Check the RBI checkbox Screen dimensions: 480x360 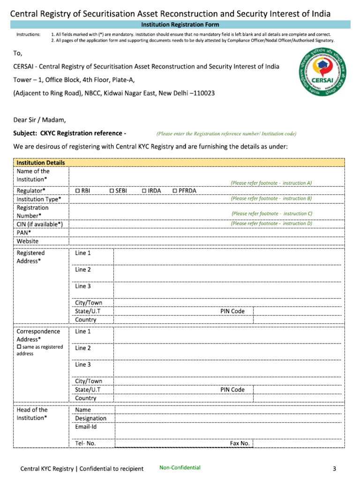coord(78,191)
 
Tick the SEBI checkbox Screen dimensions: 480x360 coord(112,191)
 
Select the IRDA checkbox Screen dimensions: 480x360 coord(144,191)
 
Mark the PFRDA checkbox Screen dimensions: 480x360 coord(175,191)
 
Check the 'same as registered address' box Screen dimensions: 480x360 coord(19,346)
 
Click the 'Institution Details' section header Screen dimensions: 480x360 coord(41,163)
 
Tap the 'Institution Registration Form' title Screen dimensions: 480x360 coord(180,24)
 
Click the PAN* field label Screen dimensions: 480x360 coord(24,232)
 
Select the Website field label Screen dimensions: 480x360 coord(28,241)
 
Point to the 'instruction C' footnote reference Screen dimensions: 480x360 coord(272,213)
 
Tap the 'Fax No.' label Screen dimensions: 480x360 coord(240,443)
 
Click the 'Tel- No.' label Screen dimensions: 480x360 coord(85,443)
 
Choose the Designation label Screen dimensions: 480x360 coord(90,418)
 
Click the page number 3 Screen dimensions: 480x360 coord(334,469)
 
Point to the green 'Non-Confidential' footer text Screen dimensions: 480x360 coord(180,467)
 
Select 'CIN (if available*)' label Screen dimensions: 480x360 coord(40,224)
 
